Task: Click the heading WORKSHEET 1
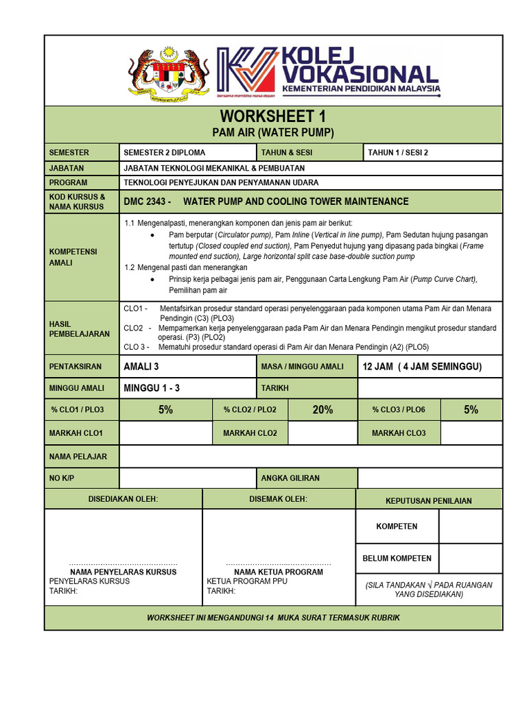point(272,117)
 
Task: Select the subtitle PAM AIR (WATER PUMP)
point(272,133)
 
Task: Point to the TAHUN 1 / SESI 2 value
point(398,152)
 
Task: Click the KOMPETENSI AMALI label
point(73,257)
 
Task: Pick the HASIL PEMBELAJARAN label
point(79,328)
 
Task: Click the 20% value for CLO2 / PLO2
point(323,410)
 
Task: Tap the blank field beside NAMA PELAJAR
point(311,456)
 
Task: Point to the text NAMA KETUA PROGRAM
point(279,572)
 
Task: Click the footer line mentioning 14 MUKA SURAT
point(273,618)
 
